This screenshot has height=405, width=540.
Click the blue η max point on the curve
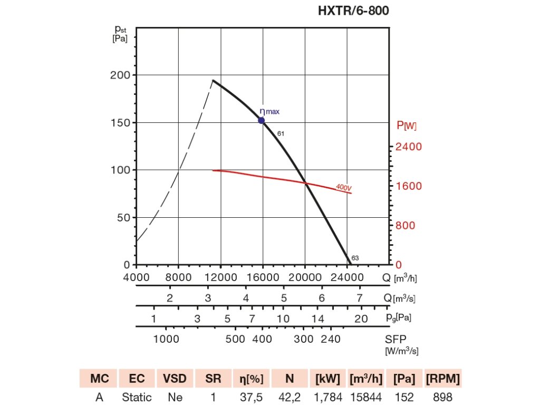point(261,120)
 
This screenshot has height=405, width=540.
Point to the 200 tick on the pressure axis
point(120,75)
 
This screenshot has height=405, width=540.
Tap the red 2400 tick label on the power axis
point(409,147)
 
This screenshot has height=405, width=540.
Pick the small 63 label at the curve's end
point(355,258)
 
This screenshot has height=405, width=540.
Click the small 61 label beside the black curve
point(281,133)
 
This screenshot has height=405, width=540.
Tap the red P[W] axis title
point(407,126)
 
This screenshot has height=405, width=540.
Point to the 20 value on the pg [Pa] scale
point(361,319)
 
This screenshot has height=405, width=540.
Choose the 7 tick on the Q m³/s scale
point(360,298)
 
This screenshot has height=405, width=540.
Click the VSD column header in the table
point(174,379)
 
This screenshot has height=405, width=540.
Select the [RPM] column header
point(443,379)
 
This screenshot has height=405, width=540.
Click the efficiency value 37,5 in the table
point(250,397)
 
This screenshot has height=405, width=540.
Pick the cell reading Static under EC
point(137,397)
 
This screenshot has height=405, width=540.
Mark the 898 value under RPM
point(443,397)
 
